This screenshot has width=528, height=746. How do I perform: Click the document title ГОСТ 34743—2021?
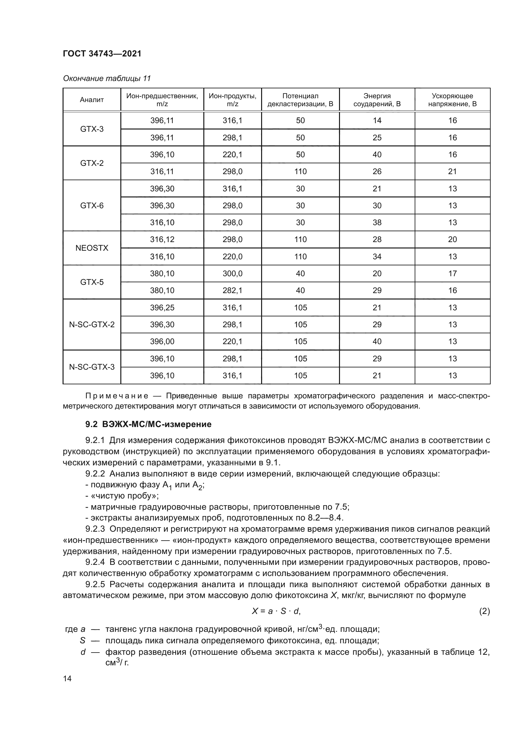point(102,54)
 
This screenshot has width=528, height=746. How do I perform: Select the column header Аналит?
point(92,100)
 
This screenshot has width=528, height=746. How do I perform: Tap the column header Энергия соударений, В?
point(377,100)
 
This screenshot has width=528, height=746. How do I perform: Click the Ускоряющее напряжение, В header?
point(452,100)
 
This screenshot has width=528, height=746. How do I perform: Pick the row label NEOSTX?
point(92,248)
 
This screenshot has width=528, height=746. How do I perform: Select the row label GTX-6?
point(92,205)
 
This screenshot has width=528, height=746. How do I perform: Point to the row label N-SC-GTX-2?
point(92,324)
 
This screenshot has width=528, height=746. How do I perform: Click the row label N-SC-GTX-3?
point(92,367)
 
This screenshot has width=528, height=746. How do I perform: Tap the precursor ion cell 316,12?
point(162,240)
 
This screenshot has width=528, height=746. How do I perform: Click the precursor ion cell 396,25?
point(162,307)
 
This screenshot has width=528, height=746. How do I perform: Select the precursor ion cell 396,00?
point(162,341)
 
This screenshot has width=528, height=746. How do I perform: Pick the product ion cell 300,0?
point(232,273)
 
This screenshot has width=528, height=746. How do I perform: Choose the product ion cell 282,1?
point(232,290)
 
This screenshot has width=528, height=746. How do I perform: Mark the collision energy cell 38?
point(377,223)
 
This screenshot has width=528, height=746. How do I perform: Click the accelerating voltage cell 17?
point(452,273)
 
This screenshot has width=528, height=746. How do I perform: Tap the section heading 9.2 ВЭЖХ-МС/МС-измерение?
point(148,424)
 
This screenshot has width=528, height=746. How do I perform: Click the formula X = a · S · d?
point(276,611)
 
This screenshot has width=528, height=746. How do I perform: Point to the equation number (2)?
point(484,611)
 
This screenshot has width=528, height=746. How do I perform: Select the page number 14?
point(67,678)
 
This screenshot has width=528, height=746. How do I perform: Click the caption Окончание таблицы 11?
point(107,78)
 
